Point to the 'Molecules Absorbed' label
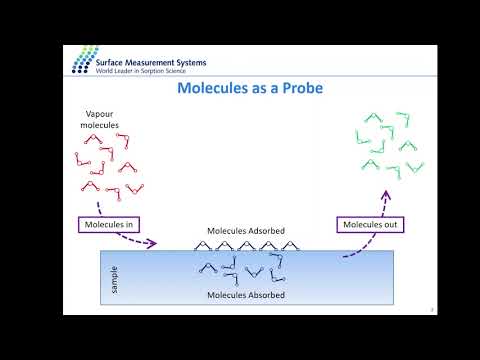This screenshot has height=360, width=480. [x=245, y=295]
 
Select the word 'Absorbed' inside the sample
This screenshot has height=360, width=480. [x=264, y=295]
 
